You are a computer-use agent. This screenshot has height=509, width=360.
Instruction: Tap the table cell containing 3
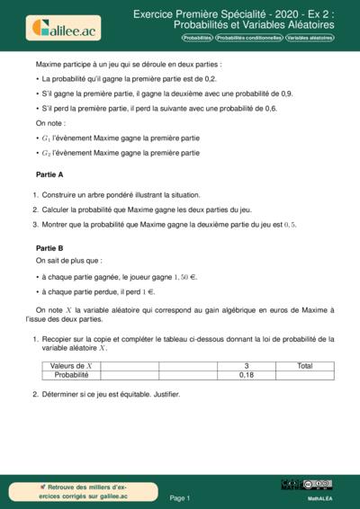point(247,366)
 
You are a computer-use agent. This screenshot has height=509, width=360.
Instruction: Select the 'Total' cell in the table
point(305,366)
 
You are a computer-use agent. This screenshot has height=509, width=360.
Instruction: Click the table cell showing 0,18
point(247,375)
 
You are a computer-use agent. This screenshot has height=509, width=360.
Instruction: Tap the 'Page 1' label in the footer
point(180,496)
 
